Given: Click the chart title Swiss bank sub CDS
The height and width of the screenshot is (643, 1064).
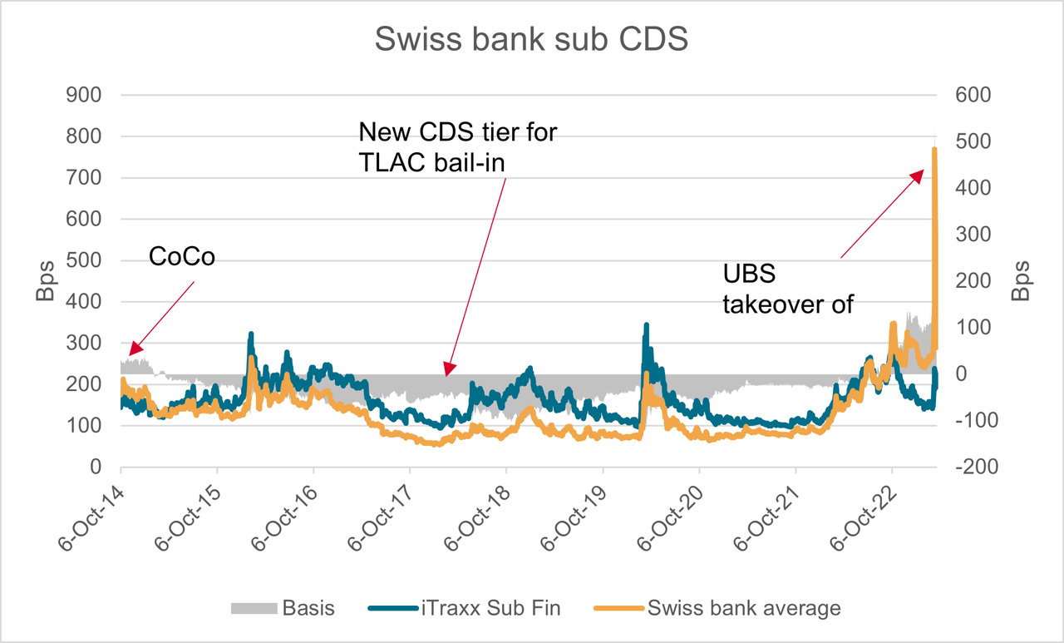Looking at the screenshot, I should [x=531, y=39].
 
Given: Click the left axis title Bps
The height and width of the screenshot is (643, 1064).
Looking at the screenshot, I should [x=45, y=281].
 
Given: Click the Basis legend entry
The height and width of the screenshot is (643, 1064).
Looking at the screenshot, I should [x=283, y=608].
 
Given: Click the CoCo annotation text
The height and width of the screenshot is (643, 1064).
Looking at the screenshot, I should [x=182, y=257].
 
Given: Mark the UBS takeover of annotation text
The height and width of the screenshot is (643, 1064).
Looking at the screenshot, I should [x=788, y=289].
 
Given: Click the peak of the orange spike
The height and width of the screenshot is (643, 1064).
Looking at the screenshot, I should [x=935, y=150].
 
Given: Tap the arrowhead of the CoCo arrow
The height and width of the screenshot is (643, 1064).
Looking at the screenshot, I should [x=131, y=351].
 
